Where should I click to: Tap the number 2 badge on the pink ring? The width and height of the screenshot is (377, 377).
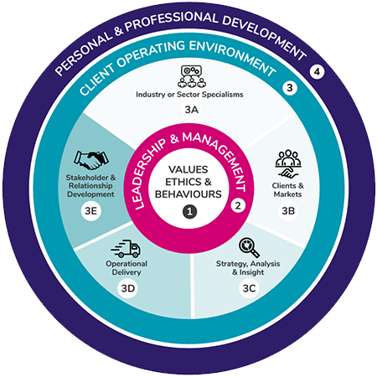[238, 205]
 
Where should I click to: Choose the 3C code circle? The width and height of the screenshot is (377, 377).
[249, 291]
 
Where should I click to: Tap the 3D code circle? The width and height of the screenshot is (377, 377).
[128, 291]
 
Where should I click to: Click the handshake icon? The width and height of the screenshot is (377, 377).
[90, 158]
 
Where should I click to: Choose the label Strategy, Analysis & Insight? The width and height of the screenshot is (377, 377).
[249, 268]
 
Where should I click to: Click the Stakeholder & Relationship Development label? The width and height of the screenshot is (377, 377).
[90, 187]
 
